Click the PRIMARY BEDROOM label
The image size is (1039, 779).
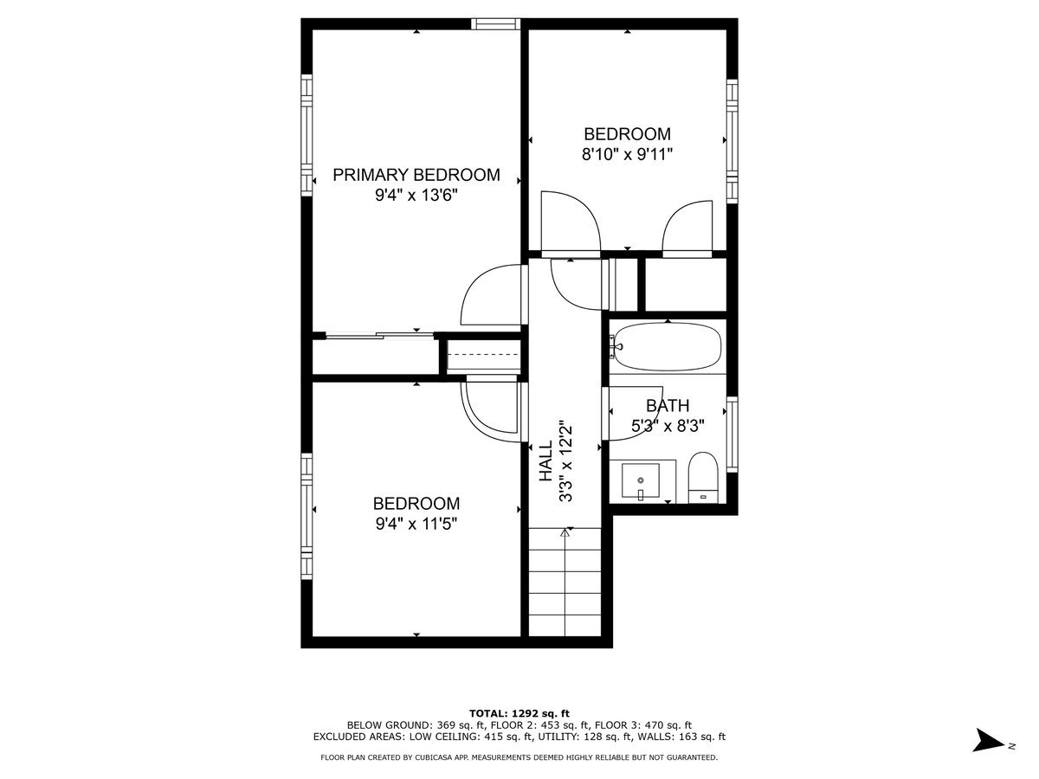[416, 175]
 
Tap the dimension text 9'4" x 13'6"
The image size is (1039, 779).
[416, 196]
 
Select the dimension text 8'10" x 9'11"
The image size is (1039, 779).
[627, 155]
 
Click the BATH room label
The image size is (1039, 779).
[668, 405]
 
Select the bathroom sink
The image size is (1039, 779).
[641, 480]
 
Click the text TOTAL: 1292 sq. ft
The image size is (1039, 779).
[519, 712]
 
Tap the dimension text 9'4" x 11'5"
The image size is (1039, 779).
[416, 524]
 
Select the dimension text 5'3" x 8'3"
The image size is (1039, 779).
[668, 426]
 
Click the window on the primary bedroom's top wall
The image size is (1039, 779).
[495, 23]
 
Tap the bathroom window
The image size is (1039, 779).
[732, 435]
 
